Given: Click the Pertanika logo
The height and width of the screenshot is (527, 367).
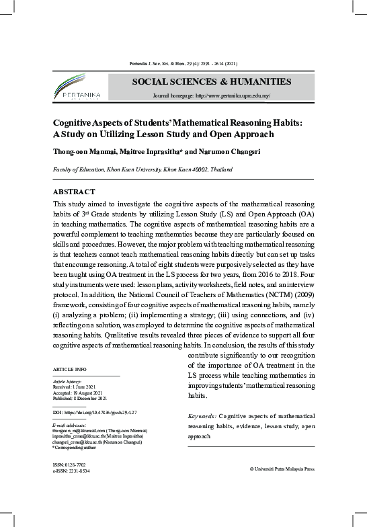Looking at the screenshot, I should pyautogui.click(x=75, y=89).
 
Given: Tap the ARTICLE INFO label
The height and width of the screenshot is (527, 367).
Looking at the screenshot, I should pyautogui.click(x=69, y=370).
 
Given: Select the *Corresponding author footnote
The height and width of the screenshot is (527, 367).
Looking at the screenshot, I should pyautogui.click(x=75, y=447).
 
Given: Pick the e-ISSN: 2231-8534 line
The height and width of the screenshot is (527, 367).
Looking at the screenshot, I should pyautogui.click(x=71, y=471).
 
